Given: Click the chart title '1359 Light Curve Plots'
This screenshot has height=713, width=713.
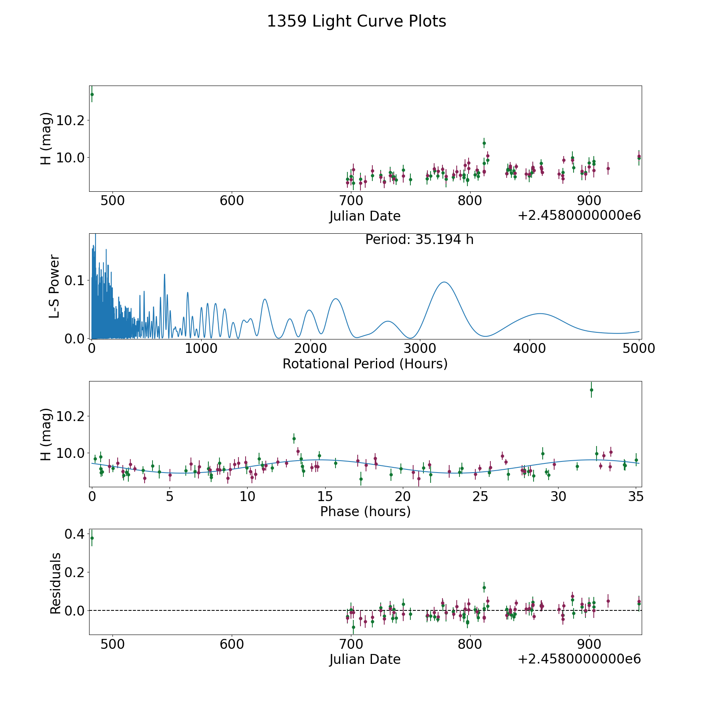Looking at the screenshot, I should click(x=356, y=21).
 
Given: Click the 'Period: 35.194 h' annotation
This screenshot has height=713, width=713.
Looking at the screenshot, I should click(x=419, y=240).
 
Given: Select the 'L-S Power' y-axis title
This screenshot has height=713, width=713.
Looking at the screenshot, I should click(x=54, y=286).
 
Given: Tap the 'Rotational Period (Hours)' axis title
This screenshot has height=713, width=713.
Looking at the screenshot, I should click(x=365, y=364).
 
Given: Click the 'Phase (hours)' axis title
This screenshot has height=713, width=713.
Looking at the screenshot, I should click(x=365, y=511).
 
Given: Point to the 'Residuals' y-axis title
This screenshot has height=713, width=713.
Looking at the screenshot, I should click(x=55, y=583).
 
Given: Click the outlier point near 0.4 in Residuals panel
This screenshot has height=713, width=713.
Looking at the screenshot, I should click(x=92, y=538).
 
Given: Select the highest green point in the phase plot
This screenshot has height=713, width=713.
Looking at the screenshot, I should click(x=591, y=390).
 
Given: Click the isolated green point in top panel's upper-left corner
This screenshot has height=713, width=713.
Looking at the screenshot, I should click(x=92, y=94).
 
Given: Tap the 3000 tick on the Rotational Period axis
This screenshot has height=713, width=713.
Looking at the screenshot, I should click(x=419, y=349).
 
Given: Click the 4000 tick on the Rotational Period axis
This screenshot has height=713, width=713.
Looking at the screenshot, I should click(x=529, y=349).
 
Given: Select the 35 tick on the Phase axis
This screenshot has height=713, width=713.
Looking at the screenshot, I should click(x=636, y=496).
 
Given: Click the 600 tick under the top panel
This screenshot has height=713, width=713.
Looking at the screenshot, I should click(x=232, y=201).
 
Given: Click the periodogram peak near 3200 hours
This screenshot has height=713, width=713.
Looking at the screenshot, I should click(x=444, y=282).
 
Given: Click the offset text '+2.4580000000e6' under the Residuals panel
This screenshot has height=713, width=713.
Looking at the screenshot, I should click(x=579, y=659).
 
